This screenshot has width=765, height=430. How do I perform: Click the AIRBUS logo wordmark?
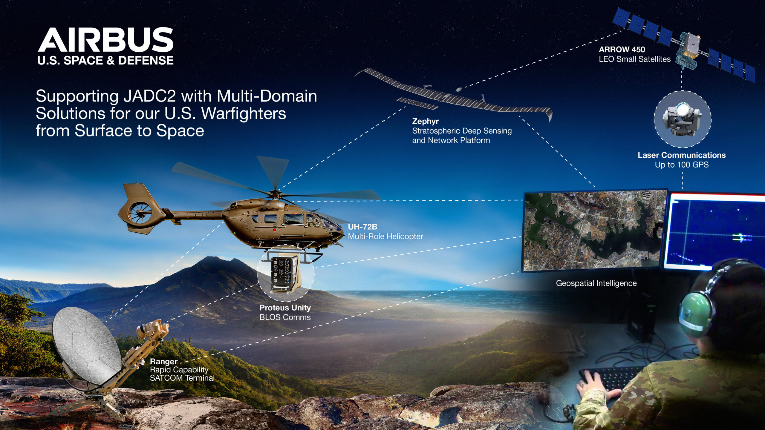click(x=105, y=39)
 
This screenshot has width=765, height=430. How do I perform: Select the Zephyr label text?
click(x=425, y=121)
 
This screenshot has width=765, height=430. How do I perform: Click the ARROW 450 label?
click(x=622, y=50)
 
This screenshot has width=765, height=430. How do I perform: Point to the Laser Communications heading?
click(x=681, y=155)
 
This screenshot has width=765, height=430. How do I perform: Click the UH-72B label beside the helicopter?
click(x=362, y=227)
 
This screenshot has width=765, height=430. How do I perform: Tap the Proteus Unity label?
click(x=285, y=308)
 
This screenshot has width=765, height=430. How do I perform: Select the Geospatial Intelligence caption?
click(x=596, y=283)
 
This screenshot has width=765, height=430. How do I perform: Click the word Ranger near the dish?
click(x=163, y=362)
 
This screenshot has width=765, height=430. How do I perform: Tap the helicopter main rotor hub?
click(x=274, y=192)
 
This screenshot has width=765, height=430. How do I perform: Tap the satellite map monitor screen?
click(x=595, y=230)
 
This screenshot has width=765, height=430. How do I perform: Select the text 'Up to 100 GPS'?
click(x=681, y=165)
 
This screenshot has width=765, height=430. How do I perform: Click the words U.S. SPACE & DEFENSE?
click(x=105, y=60)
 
